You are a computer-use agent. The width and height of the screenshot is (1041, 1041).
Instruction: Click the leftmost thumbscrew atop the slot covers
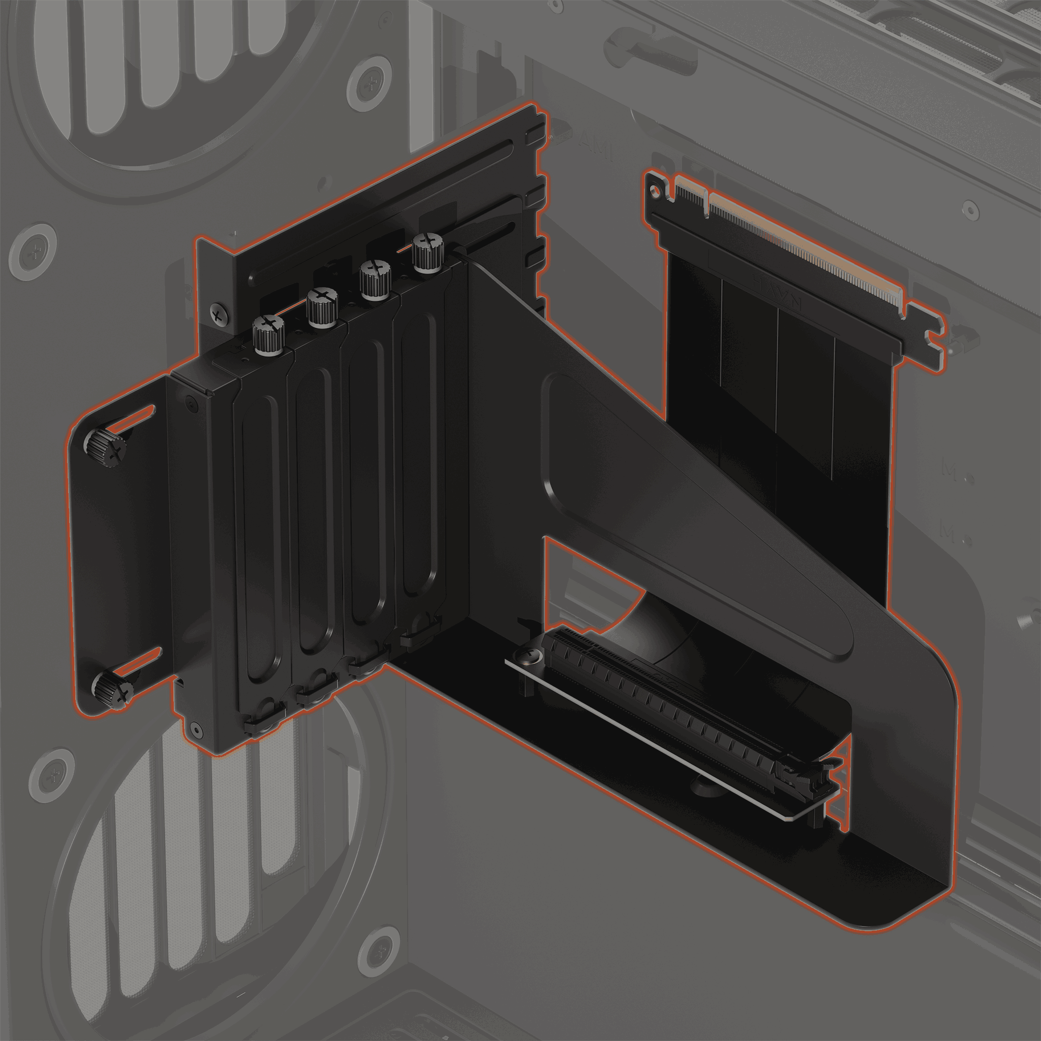(x=268, y=334)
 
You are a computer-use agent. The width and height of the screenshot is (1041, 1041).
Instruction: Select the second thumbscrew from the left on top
(x=322, y=308)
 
